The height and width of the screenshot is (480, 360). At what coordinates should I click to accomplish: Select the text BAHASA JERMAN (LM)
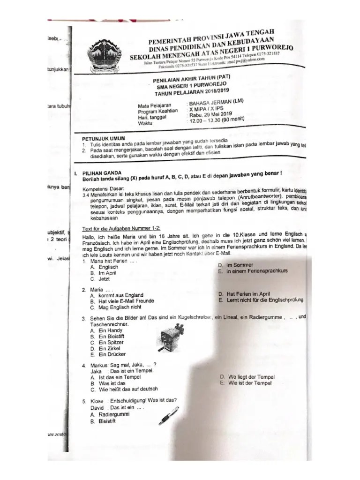click(215, 103)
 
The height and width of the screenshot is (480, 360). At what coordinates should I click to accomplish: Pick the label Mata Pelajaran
click(154, 105)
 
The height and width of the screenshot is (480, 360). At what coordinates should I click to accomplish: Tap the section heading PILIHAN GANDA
click(101, 172)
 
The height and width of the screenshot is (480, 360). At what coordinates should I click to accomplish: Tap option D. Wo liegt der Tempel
click(246, 377)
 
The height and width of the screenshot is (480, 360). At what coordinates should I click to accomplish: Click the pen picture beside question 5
click(168, 414)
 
